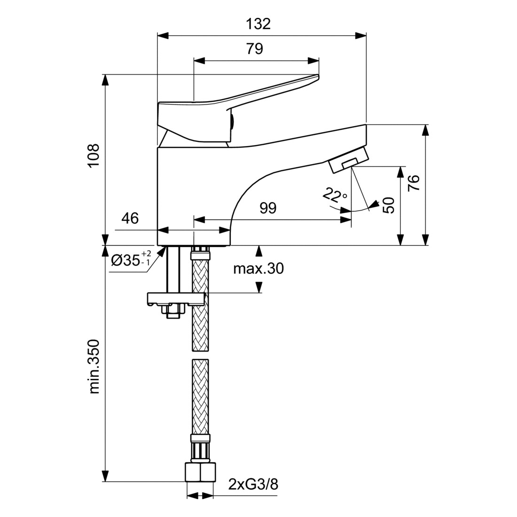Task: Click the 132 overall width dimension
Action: point(258,24)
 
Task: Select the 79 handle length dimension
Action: point(255,49)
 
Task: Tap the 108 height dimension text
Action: point(94,155)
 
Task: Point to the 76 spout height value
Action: point(414,183)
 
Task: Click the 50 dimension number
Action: point(388,205)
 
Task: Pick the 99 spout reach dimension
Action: point(268,208)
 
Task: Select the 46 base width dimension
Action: point(130,218)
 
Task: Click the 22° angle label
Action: point(334,196)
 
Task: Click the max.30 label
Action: point(258,269)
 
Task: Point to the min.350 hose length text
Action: point(94,366)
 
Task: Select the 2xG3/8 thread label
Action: point(253,485)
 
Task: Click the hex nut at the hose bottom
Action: point(200,472)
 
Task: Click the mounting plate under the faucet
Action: point(176,299)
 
